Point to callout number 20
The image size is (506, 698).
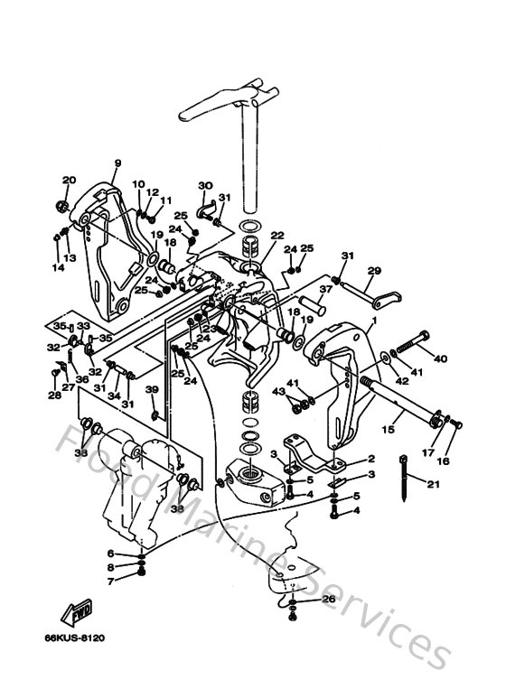click(x=69, y=181)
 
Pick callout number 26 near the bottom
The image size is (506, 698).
click(x=328, y=598)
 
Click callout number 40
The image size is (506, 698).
click(x=440, y=358)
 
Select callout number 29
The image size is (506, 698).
click(x=373, y=270)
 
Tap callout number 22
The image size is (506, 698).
click(x=277, y=237)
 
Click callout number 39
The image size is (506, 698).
click(x=152, y=389)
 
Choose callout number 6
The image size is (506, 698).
click(x=110, y=554)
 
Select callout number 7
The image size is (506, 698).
click(x=110, y=582)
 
